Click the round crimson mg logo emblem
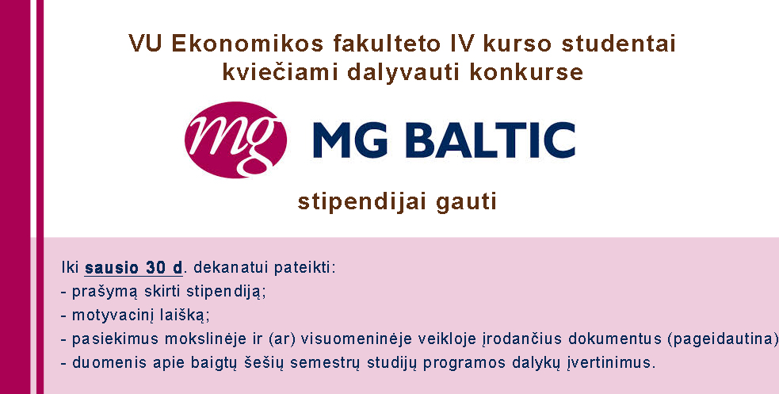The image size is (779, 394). pyautogui.click(x=235, y=140)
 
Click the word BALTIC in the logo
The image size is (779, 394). pyautogui.click(x=491, y=140)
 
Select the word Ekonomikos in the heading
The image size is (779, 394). pyautogui.click(x=247, y=44)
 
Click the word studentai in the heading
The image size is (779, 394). pyautogui.click(x=619, y=44)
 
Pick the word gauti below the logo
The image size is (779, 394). pyautogui.click(x=466, y=203)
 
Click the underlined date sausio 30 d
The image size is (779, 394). pyautogui.click(x=134, y=268)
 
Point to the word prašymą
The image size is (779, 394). pyautogui.click(x=105, y=292)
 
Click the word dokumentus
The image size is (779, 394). pyautogui.click(x=615, y=339)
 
